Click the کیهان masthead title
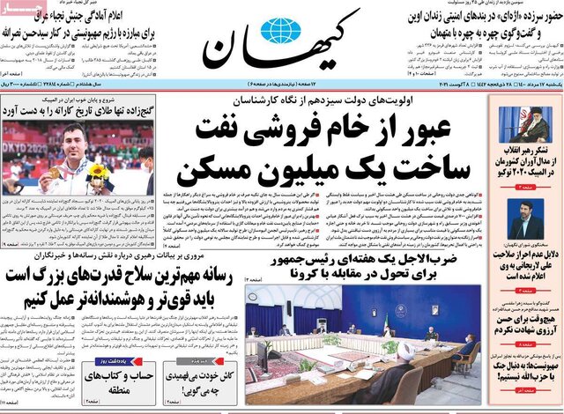282,55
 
